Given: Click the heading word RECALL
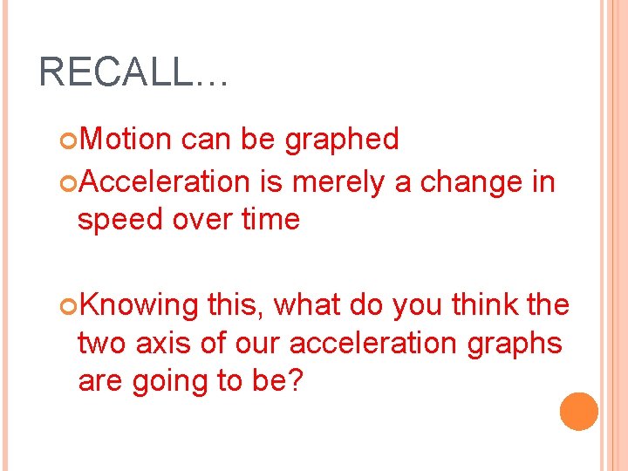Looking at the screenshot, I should coord(117,72).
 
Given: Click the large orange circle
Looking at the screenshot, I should coord(579,411).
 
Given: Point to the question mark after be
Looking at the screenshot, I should coord(293,382).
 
